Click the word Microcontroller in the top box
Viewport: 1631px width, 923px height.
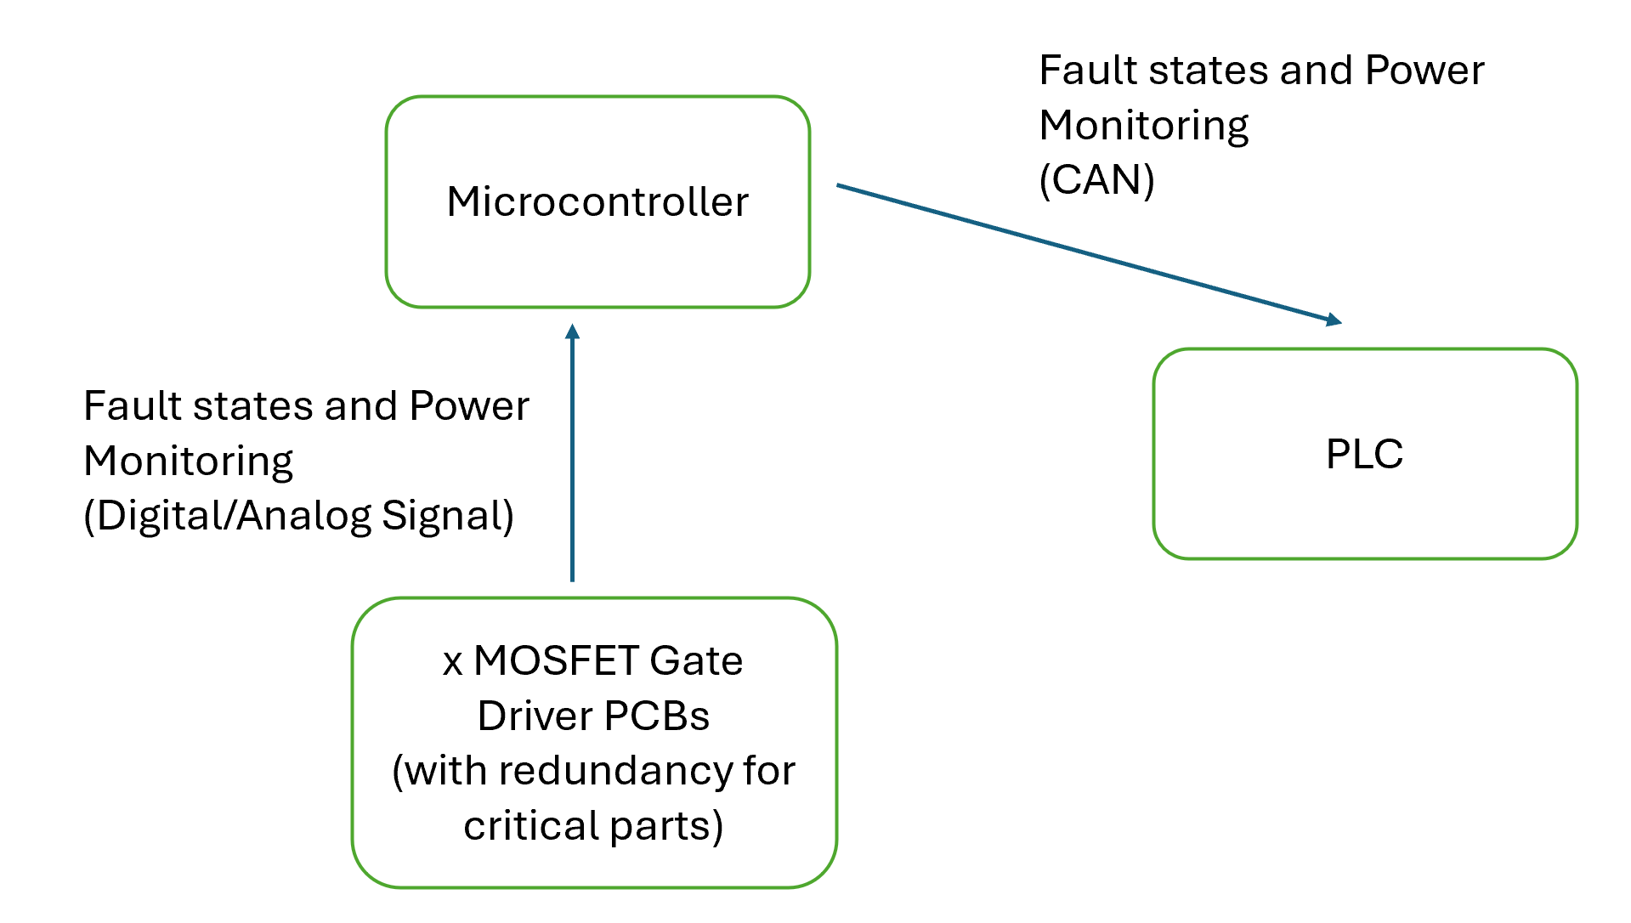point(597,202)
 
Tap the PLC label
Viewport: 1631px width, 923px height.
point(1364,454)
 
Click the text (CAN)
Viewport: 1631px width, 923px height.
point(1096,180)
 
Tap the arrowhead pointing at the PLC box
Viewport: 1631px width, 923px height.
point(1334,320)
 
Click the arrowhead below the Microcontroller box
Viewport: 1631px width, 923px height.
point(572,331)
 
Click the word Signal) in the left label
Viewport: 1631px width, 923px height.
point(448,516)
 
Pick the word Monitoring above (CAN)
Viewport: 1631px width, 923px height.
point(1143,126)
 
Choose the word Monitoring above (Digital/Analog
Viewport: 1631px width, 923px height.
point(188,461)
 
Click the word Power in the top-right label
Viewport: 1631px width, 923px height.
point(1424,71)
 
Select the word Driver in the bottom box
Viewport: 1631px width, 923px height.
point(534,716)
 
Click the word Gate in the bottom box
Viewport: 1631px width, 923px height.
point(695,660)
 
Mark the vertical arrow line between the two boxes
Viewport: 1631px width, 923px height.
point(572,459)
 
